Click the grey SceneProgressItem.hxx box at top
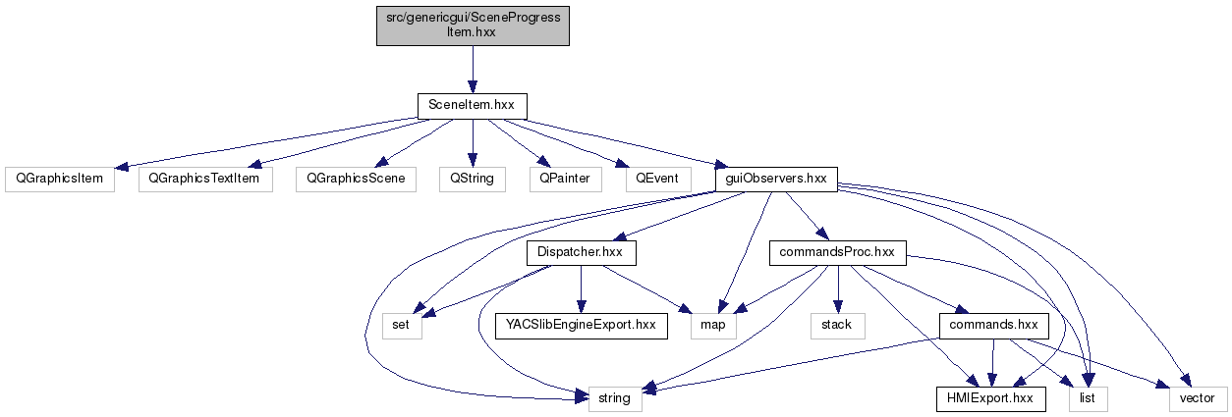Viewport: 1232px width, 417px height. click(473, 25)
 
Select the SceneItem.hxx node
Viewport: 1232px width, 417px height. click(473, 106)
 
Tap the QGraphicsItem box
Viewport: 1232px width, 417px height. click(59, 180)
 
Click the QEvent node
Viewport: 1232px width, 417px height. click(656, 180)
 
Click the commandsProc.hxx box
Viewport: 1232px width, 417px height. click(835, 253)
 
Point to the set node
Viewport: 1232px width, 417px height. click(401, 326)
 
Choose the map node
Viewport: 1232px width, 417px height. click(713, 326)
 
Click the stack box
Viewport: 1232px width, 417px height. click(836, 326)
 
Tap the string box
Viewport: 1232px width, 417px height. click(615, 399)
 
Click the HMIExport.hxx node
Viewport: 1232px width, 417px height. click(989, 399)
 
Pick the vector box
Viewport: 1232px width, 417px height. click(1198, 399)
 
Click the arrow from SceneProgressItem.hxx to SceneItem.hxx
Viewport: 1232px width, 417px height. click(473, 67)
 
